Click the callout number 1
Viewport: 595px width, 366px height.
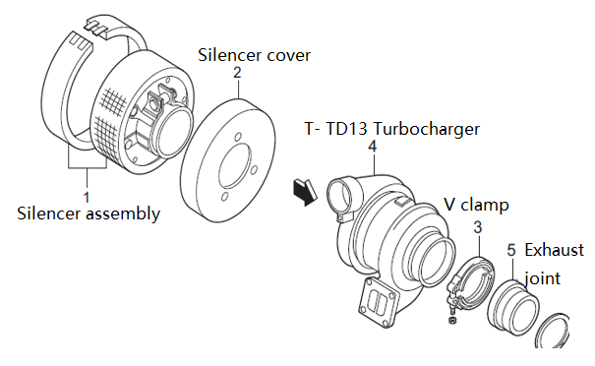click(87, 197)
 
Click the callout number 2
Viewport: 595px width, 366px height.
click(237, 72)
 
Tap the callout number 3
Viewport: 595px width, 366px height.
click(478, 227)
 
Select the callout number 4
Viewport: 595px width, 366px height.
click(373, 147)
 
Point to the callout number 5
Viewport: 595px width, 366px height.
click(511, 250)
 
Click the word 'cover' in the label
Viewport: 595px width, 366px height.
click(289, 56)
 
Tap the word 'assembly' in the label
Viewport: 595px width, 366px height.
click(123, 214)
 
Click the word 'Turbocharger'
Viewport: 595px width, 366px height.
click(426, 129)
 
